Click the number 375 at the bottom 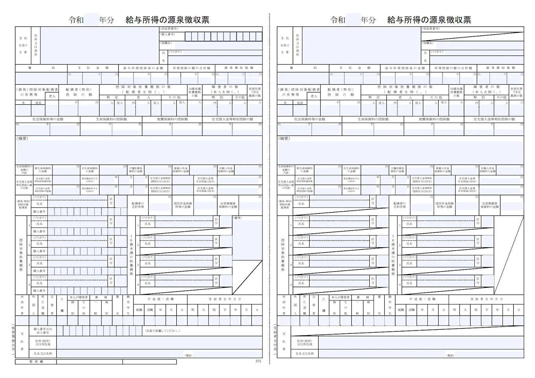click(x=258, y=361)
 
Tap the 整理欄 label click(x=36, y=361)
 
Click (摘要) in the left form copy click(x=22, y=139)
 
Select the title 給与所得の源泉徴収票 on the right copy click(x=429, y=20)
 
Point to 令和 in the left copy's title click(x=76, y=20)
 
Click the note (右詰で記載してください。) click(x=162, y=331)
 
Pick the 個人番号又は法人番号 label click(x=42, y=331)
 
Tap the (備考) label click(x=237, y=218)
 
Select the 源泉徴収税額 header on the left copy click(x=239, y=68)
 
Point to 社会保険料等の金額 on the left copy click(x=48, y=119)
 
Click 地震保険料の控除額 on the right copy click(x=434, y=119)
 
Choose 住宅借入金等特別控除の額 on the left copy click(x=232, y=119)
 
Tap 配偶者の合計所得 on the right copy click(x=399, y=205)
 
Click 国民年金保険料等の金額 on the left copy click(x=183, y=205)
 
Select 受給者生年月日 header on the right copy click(x=486, y=299)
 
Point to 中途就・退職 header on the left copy click(x=160, y=299)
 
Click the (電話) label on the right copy click(x=450, y=356)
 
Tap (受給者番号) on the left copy click(x=169, y=29)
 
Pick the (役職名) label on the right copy click(x=428, y=43)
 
